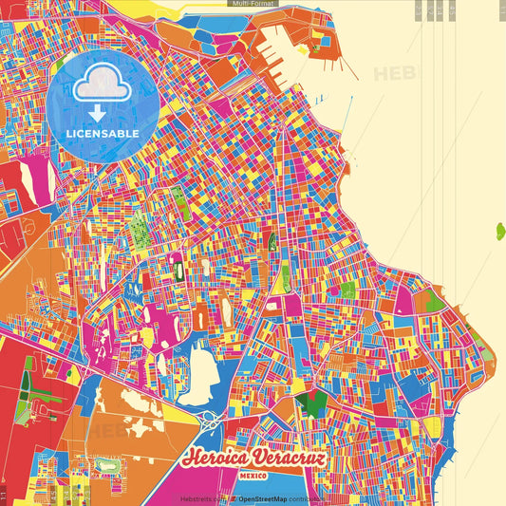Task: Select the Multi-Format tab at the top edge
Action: click(x=253, y=5)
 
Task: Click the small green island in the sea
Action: click(x=499, y=230)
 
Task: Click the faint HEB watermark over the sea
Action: click(x=394, y=74)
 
